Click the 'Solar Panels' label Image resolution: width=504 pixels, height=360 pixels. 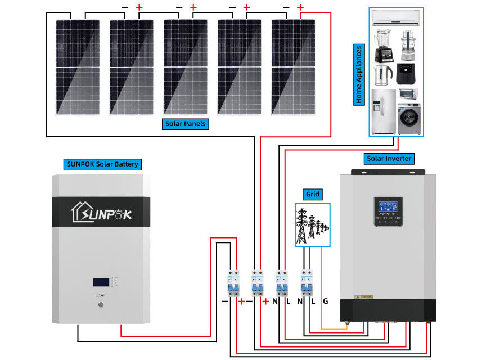click(186, 124)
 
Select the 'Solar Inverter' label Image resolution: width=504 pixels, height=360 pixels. click(389, 159)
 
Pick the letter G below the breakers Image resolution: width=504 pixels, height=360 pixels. click(326, 301)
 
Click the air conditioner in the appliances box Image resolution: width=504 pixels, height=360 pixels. click(396, 18)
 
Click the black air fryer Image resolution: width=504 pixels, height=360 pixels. click(407, 74)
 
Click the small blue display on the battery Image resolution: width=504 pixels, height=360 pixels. click(101, 282)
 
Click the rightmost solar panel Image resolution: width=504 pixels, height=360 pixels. click(293, 66)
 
